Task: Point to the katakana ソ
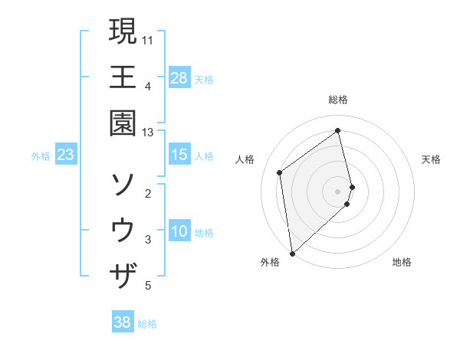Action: [123, 184]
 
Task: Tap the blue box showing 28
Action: [179, 78]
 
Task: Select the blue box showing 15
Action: [179, 155]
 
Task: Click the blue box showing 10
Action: [179, 231]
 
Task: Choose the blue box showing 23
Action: [66, 155]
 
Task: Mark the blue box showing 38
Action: [123, 322]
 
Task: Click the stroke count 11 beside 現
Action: [148, 38]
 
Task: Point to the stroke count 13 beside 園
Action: [148, 133]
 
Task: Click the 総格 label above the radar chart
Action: [338, 100]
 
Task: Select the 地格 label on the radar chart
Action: [402, 262]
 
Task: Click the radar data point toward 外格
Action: [292, 253]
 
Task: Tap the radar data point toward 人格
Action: [280, 172]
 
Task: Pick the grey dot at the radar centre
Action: [338, 191]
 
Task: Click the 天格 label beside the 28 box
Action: [204, 79]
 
